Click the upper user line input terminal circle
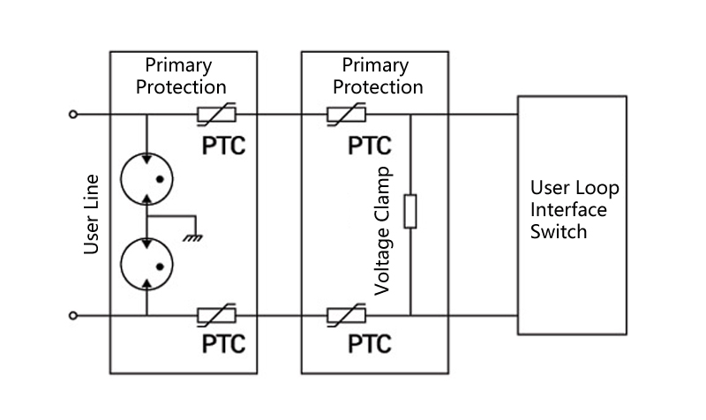point(73,114)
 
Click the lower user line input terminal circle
point(73,315)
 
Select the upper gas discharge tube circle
point(146,178)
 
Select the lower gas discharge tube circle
point(146,264)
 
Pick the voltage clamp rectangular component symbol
point(410,212)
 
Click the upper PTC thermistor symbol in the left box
point(216,114)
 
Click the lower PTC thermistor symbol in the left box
point(216,315)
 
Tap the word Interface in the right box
point(568,210)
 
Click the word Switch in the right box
point(559,232)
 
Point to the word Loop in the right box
point(598,188)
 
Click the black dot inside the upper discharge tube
point(159,179)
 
